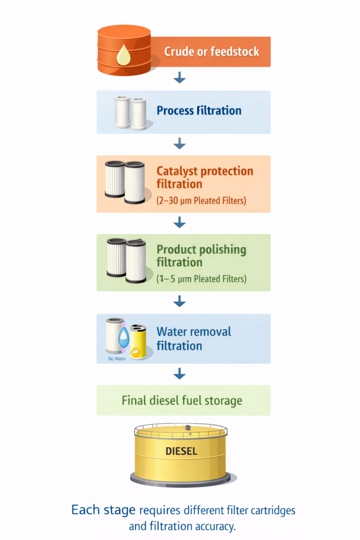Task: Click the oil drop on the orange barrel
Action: coord(124,55)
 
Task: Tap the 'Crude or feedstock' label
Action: coord(211,52)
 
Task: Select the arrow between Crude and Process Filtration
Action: coord(180,78)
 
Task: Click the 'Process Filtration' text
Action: coord(199,111)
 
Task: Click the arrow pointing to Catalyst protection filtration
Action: coord(180,143)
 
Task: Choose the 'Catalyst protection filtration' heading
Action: coord(205,178)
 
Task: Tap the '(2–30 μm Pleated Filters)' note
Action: coord(201,200)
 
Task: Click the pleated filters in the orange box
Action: coord(125,182)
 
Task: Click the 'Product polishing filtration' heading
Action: coord(201,256)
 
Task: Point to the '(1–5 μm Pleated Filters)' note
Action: coord(201,279)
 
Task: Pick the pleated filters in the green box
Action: coord(127,259)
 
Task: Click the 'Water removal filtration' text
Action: coord(193,339)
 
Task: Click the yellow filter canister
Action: coord(139,341)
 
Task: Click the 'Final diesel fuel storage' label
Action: coord(182,400)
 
